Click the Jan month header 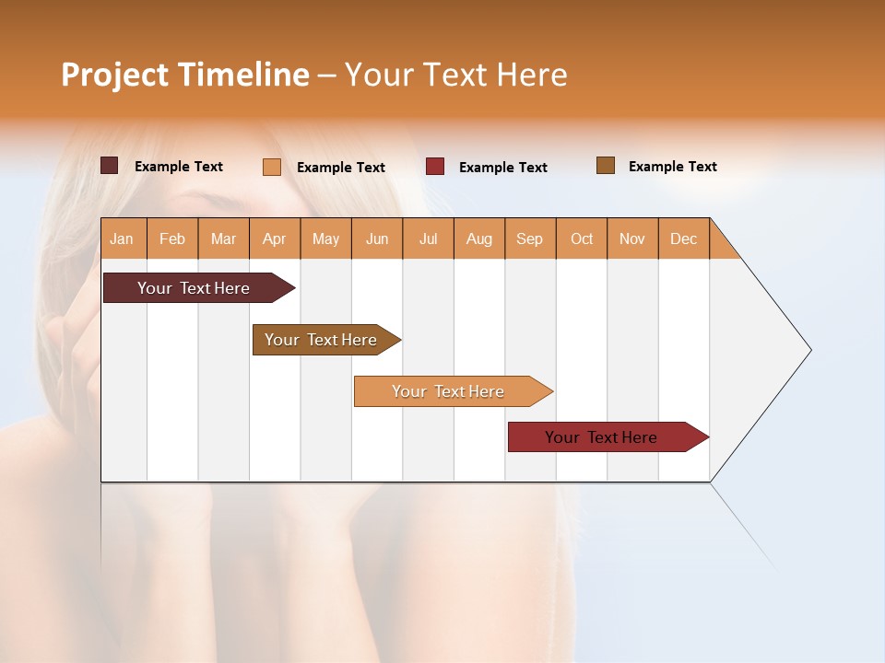point(123,238)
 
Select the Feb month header point(172,238)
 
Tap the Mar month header point(223,238)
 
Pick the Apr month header point(275,238)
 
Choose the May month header point(325,238)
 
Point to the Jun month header point(377,238)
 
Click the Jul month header point(428,238)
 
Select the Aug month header point(479,238)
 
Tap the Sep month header point(530,238)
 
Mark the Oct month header point(582,238)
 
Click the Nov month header point(632,238)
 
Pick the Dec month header point(684,238)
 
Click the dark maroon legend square point(109,166)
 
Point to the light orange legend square point(271,167)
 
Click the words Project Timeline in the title point(185,75)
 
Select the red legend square point(435,167)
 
